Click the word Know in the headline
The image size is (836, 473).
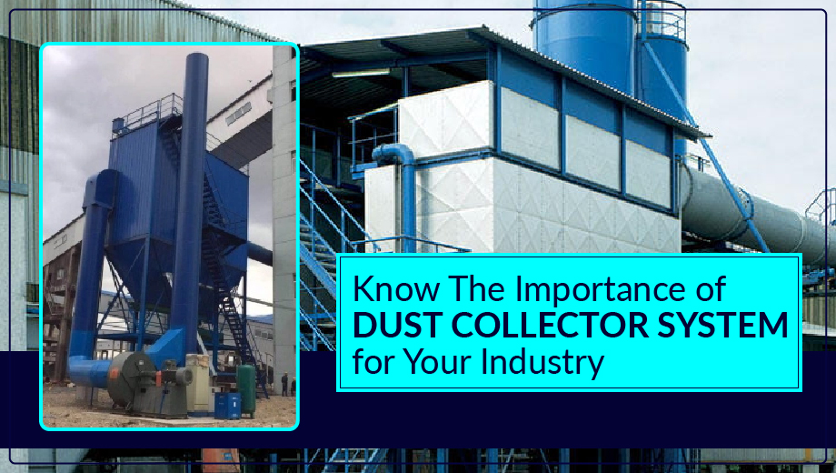396,288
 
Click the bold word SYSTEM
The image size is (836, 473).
722,325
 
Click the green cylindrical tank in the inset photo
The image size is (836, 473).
246,390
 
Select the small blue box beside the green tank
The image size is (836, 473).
227,407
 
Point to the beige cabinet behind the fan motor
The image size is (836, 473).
198,383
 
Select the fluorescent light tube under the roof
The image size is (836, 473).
361,73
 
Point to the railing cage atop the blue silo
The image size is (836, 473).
662,20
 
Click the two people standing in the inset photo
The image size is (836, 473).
288,385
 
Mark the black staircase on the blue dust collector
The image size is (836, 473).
224,267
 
